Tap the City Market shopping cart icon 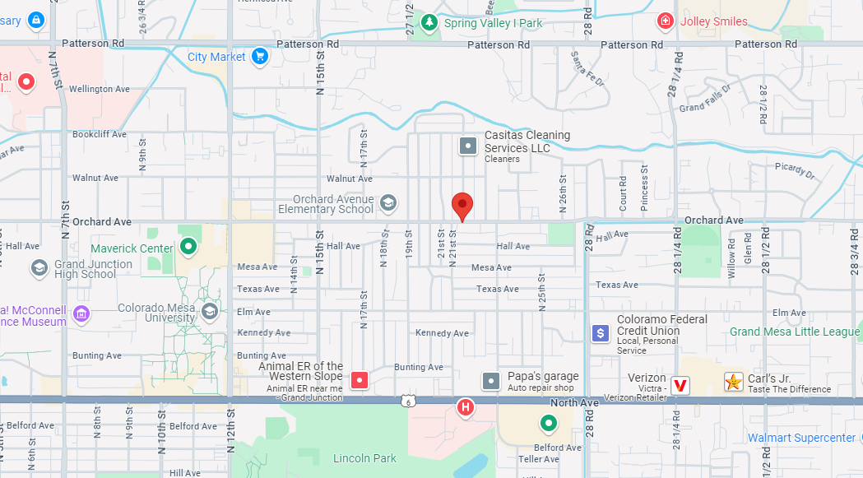259,56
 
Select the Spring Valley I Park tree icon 429,23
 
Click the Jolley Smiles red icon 666,21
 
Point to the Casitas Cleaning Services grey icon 467,146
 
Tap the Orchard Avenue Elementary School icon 388,202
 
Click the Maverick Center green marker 188,246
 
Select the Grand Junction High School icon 39,267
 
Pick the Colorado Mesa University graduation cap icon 211,311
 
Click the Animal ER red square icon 360,379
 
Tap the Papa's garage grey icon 491,381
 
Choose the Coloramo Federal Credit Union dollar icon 601,333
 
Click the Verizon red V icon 680,384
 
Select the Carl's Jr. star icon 732,382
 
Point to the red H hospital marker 466,406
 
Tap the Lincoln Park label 364,458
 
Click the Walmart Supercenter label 801,438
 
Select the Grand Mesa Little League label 795,332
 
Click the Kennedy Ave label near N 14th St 263,333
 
